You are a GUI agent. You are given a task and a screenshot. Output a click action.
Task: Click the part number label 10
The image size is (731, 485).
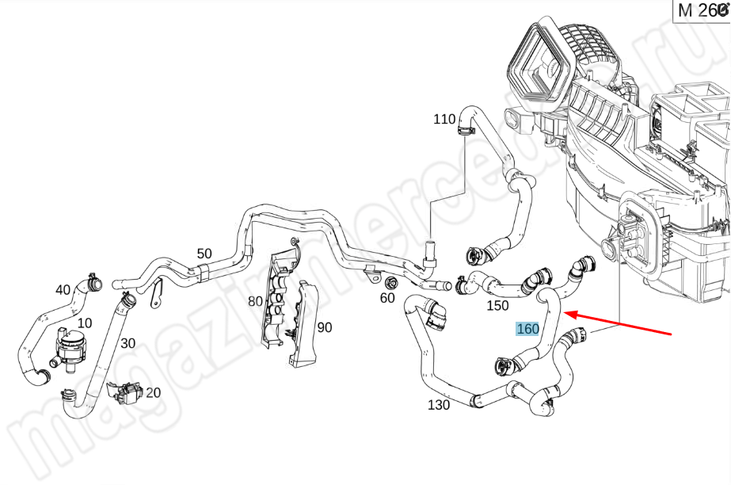[x=84, y=323]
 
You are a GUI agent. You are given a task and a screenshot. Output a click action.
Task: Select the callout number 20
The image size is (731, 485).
[x=153, y=392]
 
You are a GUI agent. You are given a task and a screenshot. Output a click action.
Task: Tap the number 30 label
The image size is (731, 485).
[x=128, y=344]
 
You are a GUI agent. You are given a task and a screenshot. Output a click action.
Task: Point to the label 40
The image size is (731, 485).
[x=63, y=289]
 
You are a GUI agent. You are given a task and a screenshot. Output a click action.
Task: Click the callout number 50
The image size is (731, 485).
[x=204, y=254]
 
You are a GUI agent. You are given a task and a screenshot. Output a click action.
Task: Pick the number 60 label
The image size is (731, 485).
[x=387, y=299]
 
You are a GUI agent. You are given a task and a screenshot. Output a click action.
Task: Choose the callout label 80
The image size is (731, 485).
[x=255, y=301]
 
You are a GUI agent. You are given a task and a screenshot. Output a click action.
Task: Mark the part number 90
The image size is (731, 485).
[x=325, y=327]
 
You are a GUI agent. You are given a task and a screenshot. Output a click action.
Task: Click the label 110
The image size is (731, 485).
[x=444, y=119]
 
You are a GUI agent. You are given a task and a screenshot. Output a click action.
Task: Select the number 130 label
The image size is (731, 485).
[x=438, y=405]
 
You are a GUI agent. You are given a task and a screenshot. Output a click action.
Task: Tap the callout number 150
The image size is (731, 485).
[x=497, y=305]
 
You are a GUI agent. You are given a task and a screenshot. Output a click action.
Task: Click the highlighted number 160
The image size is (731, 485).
[x=527, y=329]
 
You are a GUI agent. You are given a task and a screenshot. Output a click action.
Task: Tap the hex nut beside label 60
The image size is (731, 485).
[x=390, y=283]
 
